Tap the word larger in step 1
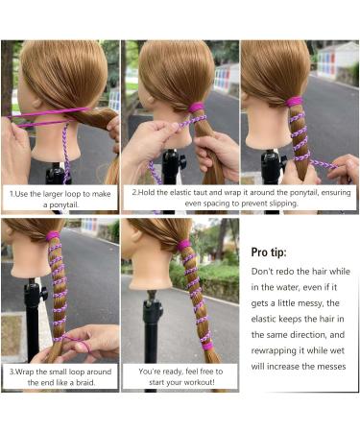coord(49,192)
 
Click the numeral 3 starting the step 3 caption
coord(10,370)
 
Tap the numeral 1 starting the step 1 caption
coord(11,192)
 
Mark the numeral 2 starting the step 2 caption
coord(134,192)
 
